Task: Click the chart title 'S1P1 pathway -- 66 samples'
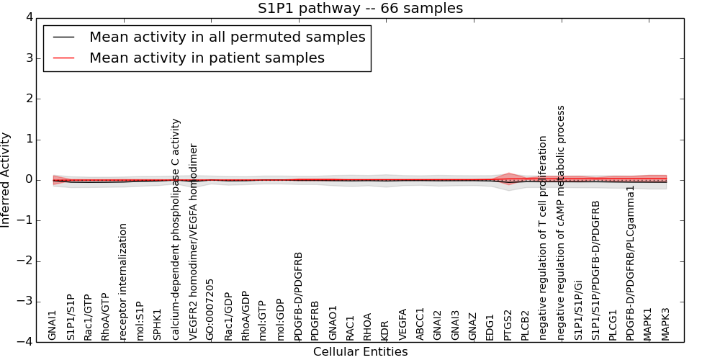[360, 9]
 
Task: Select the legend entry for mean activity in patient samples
[207, 58]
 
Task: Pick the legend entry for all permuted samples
[227, 37]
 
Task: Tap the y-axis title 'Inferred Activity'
[6, 179]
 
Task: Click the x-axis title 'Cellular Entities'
[360, 352]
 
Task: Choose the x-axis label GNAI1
[53, 325]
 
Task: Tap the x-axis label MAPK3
[665, 324]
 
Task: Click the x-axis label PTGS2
[508, 325]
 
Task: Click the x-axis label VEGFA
[402, 324]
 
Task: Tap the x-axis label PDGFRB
[315, 320]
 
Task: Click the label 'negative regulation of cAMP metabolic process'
[561, 222]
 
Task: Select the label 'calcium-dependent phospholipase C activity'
[176, 229]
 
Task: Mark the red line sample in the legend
[61, 58]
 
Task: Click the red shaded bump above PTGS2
[508, 176]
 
